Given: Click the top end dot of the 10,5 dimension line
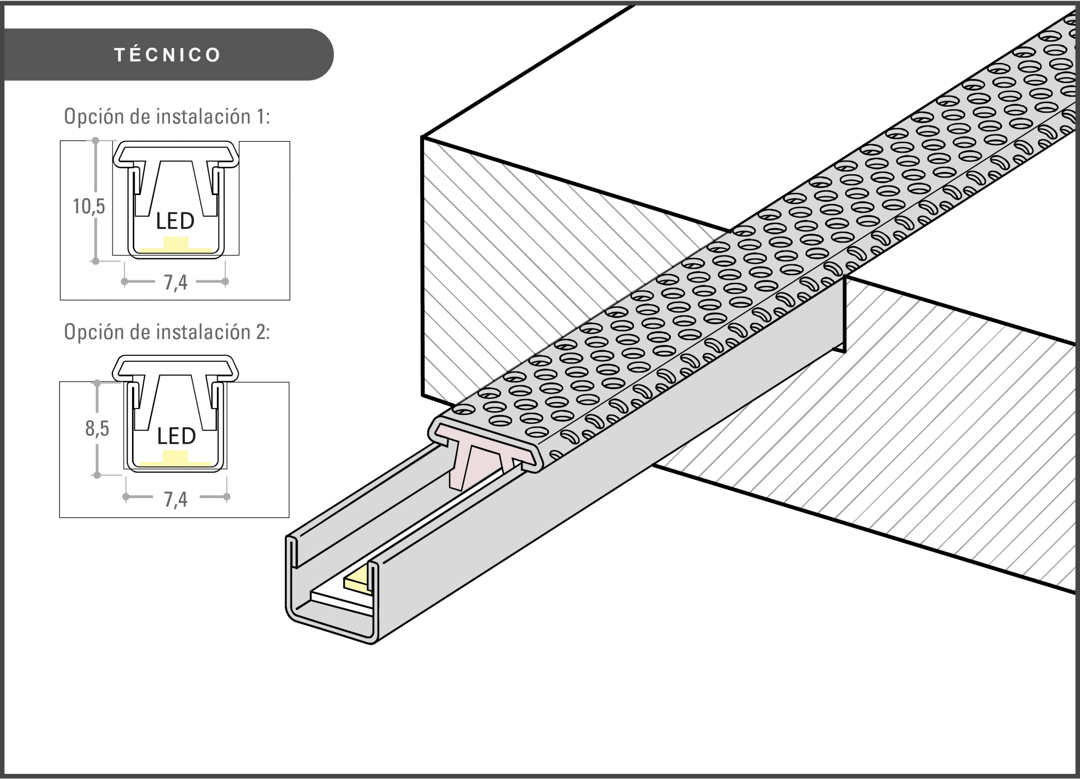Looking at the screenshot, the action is [95, 141].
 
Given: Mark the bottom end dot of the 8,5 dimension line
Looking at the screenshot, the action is [97, 475].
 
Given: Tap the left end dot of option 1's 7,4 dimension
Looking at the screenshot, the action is [124, 282].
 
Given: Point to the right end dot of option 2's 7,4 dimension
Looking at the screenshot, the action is [227, 497].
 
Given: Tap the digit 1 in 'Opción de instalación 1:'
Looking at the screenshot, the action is [260, 117].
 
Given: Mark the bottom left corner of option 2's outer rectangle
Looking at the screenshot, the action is [59, 517].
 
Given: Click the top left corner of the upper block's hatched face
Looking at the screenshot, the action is [422, 137].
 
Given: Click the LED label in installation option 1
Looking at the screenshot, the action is [175, 221].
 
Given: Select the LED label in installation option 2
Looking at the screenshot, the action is [176, 436].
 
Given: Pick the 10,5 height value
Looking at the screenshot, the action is [89, 207].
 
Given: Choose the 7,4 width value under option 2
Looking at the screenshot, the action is [176, 499].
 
